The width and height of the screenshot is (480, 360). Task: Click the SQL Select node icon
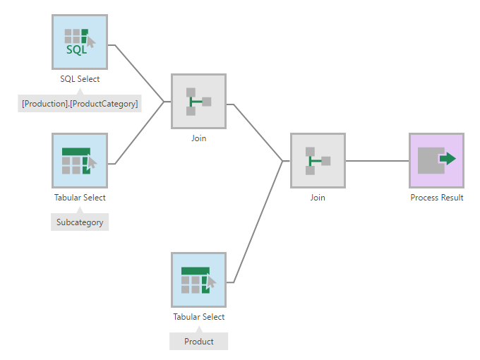tap(80, 42)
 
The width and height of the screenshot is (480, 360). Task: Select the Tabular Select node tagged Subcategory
tap(80, 161)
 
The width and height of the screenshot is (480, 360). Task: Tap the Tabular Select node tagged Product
tap(198, 280)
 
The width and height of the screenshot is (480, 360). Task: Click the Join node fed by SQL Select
tap(198, 102)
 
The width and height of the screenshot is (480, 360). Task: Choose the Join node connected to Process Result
tap(318, 161)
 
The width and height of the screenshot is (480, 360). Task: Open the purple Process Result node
tap(436, 161)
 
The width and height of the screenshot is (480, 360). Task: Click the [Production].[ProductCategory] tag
tap(80, 104)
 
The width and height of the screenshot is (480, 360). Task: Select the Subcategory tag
tap(80, 222)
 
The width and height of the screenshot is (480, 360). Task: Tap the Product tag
tap(198, 341)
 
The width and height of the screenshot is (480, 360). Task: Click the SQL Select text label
tap(80, 79)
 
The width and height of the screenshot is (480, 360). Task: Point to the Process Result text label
tap(437, 198)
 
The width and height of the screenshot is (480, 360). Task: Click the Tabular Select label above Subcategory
tap(80, 198)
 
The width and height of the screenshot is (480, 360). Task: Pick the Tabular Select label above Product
tap(198, 316)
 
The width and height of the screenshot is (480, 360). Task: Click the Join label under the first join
tap(198, 138)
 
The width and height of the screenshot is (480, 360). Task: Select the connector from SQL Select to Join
tap(139, 73)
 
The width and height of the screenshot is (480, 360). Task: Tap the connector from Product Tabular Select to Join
tap(258, 222)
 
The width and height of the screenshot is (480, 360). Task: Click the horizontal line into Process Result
tap(378, 161)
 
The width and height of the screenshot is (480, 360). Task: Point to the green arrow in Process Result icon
tap(448, 159)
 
